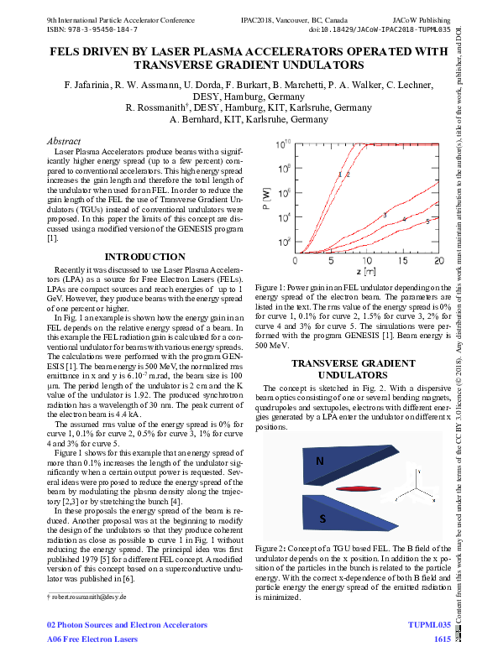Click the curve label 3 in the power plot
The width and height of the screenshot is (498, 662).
point(385,216)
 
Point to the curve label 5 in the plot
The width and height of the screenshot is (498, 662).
point(427,222)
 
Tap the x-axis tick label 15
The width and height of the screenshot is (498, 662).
point(403,262)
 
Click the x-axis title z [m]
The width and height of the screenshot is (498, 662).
point(365,273)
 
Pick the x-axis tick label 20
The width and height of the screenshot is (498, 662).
point(438,262)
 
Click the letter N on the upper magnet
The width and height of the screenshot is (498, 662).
point(319,461)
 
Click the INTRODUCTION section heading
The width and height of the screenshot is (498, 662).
point(144,257)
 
